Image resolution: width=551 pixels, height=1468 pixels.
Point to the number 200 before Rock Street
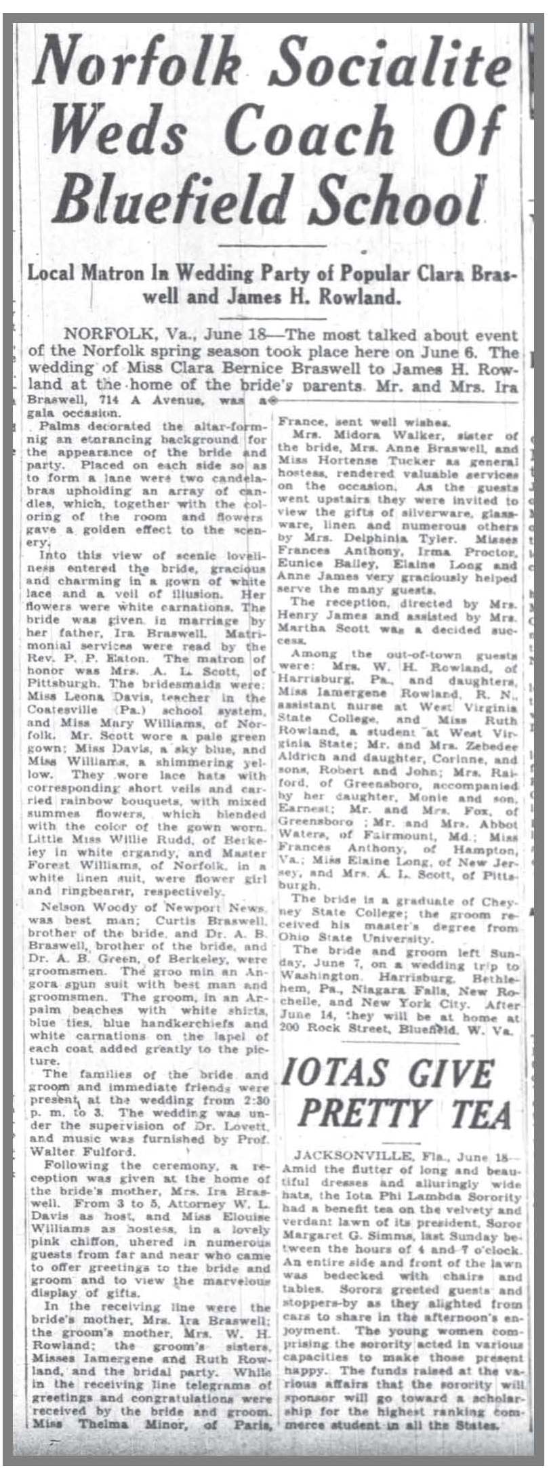point(291,1027)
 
